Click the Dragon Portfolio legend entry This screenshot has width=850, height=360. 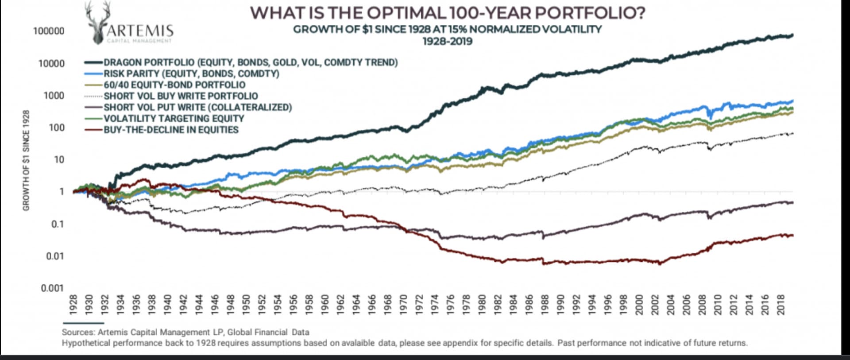pos(250,62)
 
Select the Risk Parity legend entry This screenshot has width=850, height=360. pos(191,74)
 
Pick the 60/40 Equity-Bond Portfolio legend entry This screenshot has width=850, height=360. pos(174,85)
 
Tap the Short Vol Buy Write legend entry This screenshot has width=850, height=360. pos(181,96)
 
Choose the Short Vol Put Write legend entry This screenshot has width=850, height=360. pos(197,107)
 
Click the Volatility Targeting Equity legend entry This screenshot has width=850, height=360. pos(174,119)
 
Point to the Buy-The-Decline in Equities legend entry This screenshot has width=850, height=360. pos(171,130)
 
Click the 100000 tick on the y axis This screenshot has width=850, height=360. pos(49,31)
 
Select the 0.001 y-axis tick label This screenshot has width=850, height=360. pos(52,288)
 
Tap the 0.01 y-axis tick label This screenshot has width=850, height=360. pos(55,256)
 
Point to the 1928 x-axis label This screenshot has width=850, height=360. pos(74,305)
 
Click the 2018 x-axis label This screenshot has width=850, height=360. pos(781,305)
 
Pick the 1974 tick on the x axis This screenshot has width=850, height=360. pos(436,305)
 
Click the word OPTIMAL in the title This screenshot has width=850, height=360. pos(406,12)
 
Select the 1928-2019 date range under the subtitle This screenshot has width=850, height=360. pos(447,42)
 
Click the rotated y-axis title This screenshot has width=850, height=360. pos(26,160)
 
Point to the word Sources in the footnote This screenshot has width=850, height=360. pos(78,332)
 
